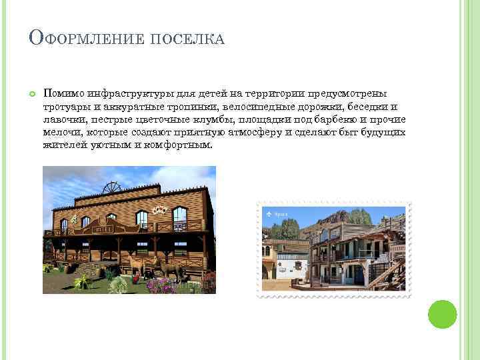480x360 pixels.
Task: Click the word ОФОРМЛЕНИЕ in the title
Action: pos(86,39)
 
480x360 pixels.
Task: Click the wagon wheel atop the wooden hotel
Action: pos(111,187)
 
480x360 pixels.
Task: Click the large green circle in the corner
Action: pos(441,314)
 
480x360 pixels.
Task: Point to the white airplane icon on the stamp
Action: pos(269,214)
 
